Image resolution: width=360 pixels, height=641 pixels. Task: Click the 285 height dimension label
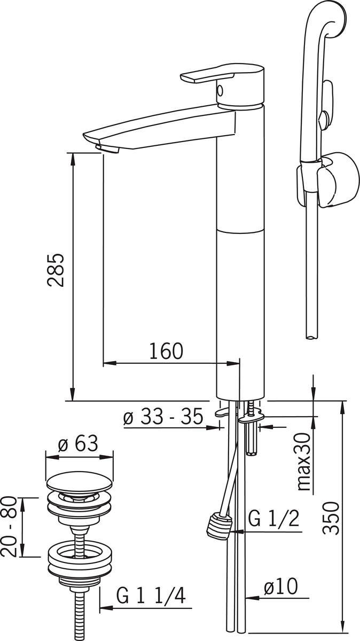click(x=56, y=270)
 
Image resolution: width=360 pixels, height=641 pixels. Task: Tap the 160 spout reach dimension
click(x=166, y=351)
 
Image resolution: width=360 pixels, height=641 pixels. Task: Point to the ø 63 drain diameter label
click(x=78, y=443)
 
